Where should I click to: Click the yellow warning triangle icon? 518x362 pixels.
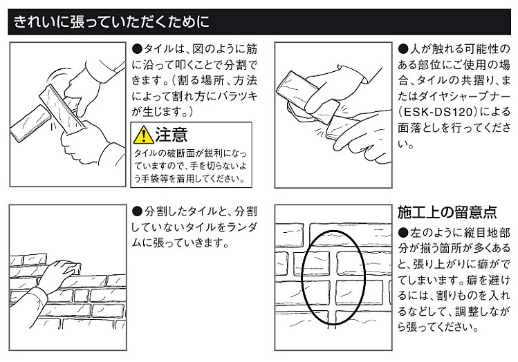(x=143, y=135)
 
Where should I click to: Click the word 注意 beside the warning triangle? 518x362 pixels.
(x=171, y=135)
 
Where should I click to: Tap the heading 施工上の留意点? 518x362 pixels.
(x=447, y=212)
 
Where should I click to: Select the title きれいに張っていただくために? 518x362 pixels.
(x=111, y=22)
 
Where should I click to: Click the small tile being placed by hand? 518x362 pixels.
(x=73, y=268)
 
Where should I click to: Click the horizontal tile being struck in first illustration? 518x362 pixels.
(x=30, y=124)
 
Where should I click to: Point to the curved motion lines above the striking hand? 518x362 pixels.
(x=58, y=74)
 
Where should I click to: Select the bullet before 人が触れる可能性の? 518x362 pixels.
(x=403, y=49)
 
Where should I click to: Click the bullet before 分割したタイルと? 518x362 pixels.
(x=137, y=211)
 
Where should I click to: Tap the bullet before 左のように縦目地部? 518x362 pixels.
(x=403, y=233)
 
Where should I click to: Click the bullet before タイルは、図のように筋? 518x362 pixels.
(x=137, y=49)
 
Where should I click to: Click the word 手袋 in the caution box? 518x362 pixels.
(x=150, y=178)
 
